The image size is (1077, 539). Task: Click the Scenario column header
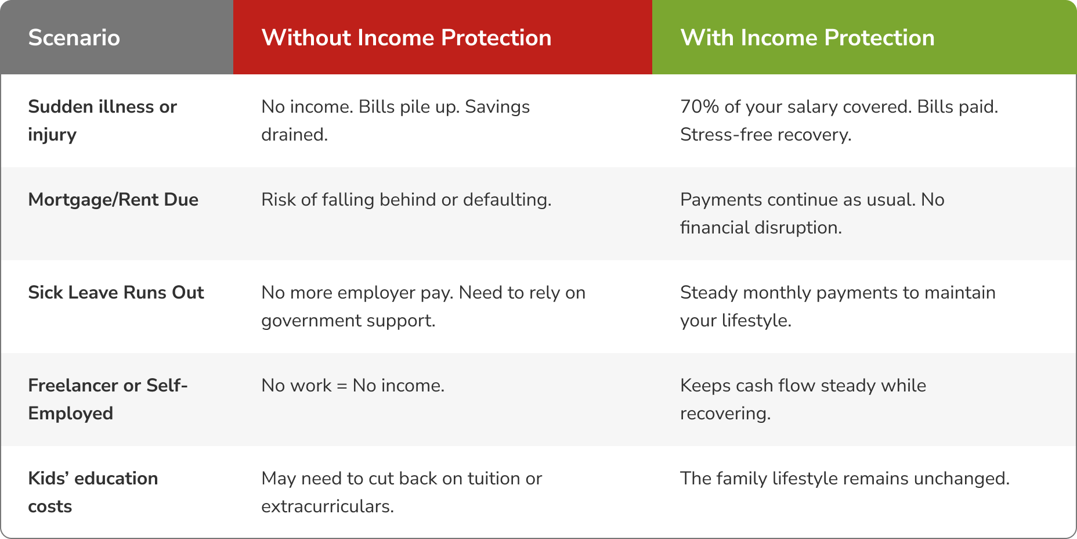point(74,38)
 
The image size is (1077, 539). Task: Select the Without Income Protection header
point(406,38)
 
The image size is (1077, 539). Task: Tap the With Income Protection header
point(807,38)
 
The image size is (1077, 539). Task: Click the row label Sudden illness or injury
point(102,121)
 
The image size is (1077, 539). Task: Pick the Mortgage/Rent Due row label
point(113,200)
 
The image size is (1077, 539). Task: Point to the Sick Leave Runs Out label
point(116,292)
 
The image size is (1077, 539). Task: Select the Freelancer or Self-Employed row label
point(108,400)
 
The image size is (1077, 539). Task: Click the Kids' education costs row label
point(93,493)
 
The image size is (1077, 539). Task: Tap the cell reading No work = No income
point(353,386)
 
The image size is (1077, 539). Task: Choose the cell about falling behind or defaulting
point(406,200)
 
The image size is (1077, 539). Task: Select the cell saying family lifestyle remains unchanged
point(845,479)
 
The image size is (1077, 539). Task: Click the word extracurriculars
point(327,506)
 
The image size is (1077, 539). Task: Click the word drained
point(294,135)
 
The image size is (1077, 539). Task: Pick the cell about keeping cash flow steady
point(803,400)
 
